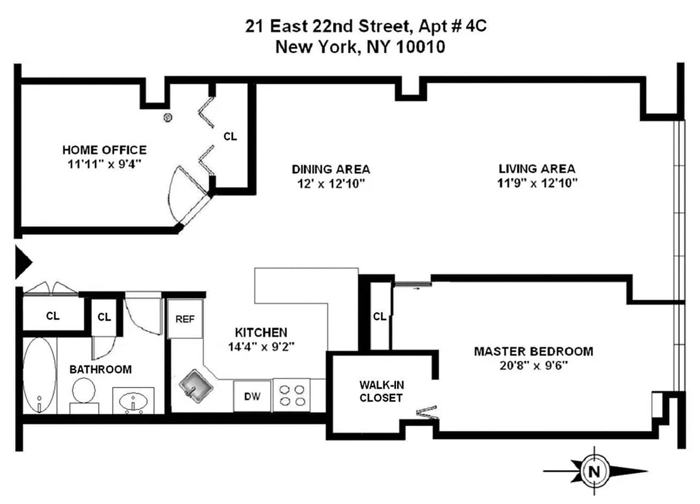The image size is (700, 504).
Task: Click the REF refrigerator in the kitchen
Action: tap(184, 319)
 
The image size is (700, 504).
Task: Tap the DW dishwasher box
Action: tap(252, 396)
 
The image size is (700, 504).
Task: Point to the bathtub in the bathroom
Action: tap(39, 375)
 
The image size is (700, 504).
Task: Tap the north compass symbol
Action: tap(592, 471)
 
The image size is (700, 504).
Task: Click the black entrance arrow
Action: tap(23, 261)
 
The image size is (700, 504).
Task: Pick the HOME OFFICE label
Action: tap(104, 150)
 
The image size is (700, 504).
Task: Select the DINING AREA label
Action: tap(330, 169)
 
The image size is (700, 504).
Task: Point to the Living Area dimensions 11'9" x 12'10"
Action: tap(537, 183)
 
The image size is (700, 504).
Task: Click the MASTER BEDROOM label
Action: tap(533, 351)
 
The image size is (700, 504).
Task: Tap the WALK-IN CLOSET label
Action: tap(381, 391)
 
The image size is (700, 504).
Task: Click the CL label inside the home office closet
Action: tap(230, 136)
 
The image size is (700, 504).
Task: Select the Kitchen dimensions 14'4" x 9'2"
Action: tap(261, 346)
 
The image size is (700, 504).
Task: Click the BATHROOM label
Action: tap(101, 369)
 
